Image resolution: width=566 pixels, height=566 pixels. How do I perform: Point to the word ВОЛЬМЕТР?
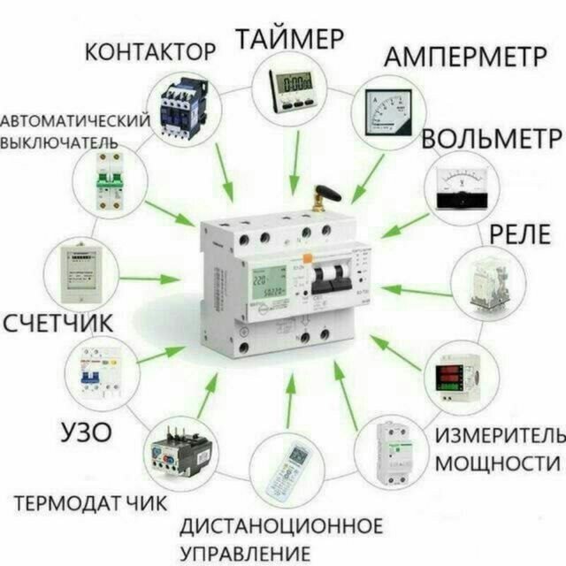point(491,139)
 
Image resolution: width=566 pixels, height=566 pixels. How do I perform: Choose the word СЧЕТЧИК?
point(58,322)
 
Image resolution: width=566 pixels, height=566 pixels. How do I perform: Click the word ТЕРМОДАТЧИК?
point(90,503)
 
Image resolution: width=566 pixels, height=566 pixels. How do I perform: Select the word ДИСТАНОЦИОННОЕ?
point(281,526)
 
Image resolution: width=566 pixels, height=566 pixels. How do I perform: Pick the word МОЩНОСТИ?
point(498,463)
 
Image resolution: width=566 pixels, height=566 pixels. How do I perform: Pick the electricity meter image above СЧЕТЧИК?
point(83,267)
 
